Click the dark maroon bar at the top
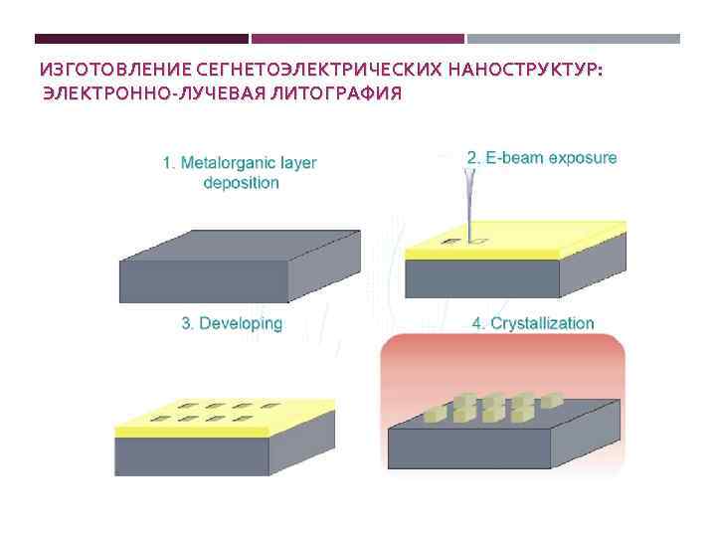click(x=141, y=39)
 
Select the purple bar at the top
click(x=358, y=39)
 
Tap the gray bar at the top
click(x=574, y=39)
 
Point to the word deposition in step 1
click(x=242, y=183)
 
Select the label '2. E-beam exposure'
click(x=542, y=157)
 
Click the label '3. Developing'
click(x=232, y=323)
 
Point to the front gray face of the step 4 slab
click(x=467, y=449)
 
